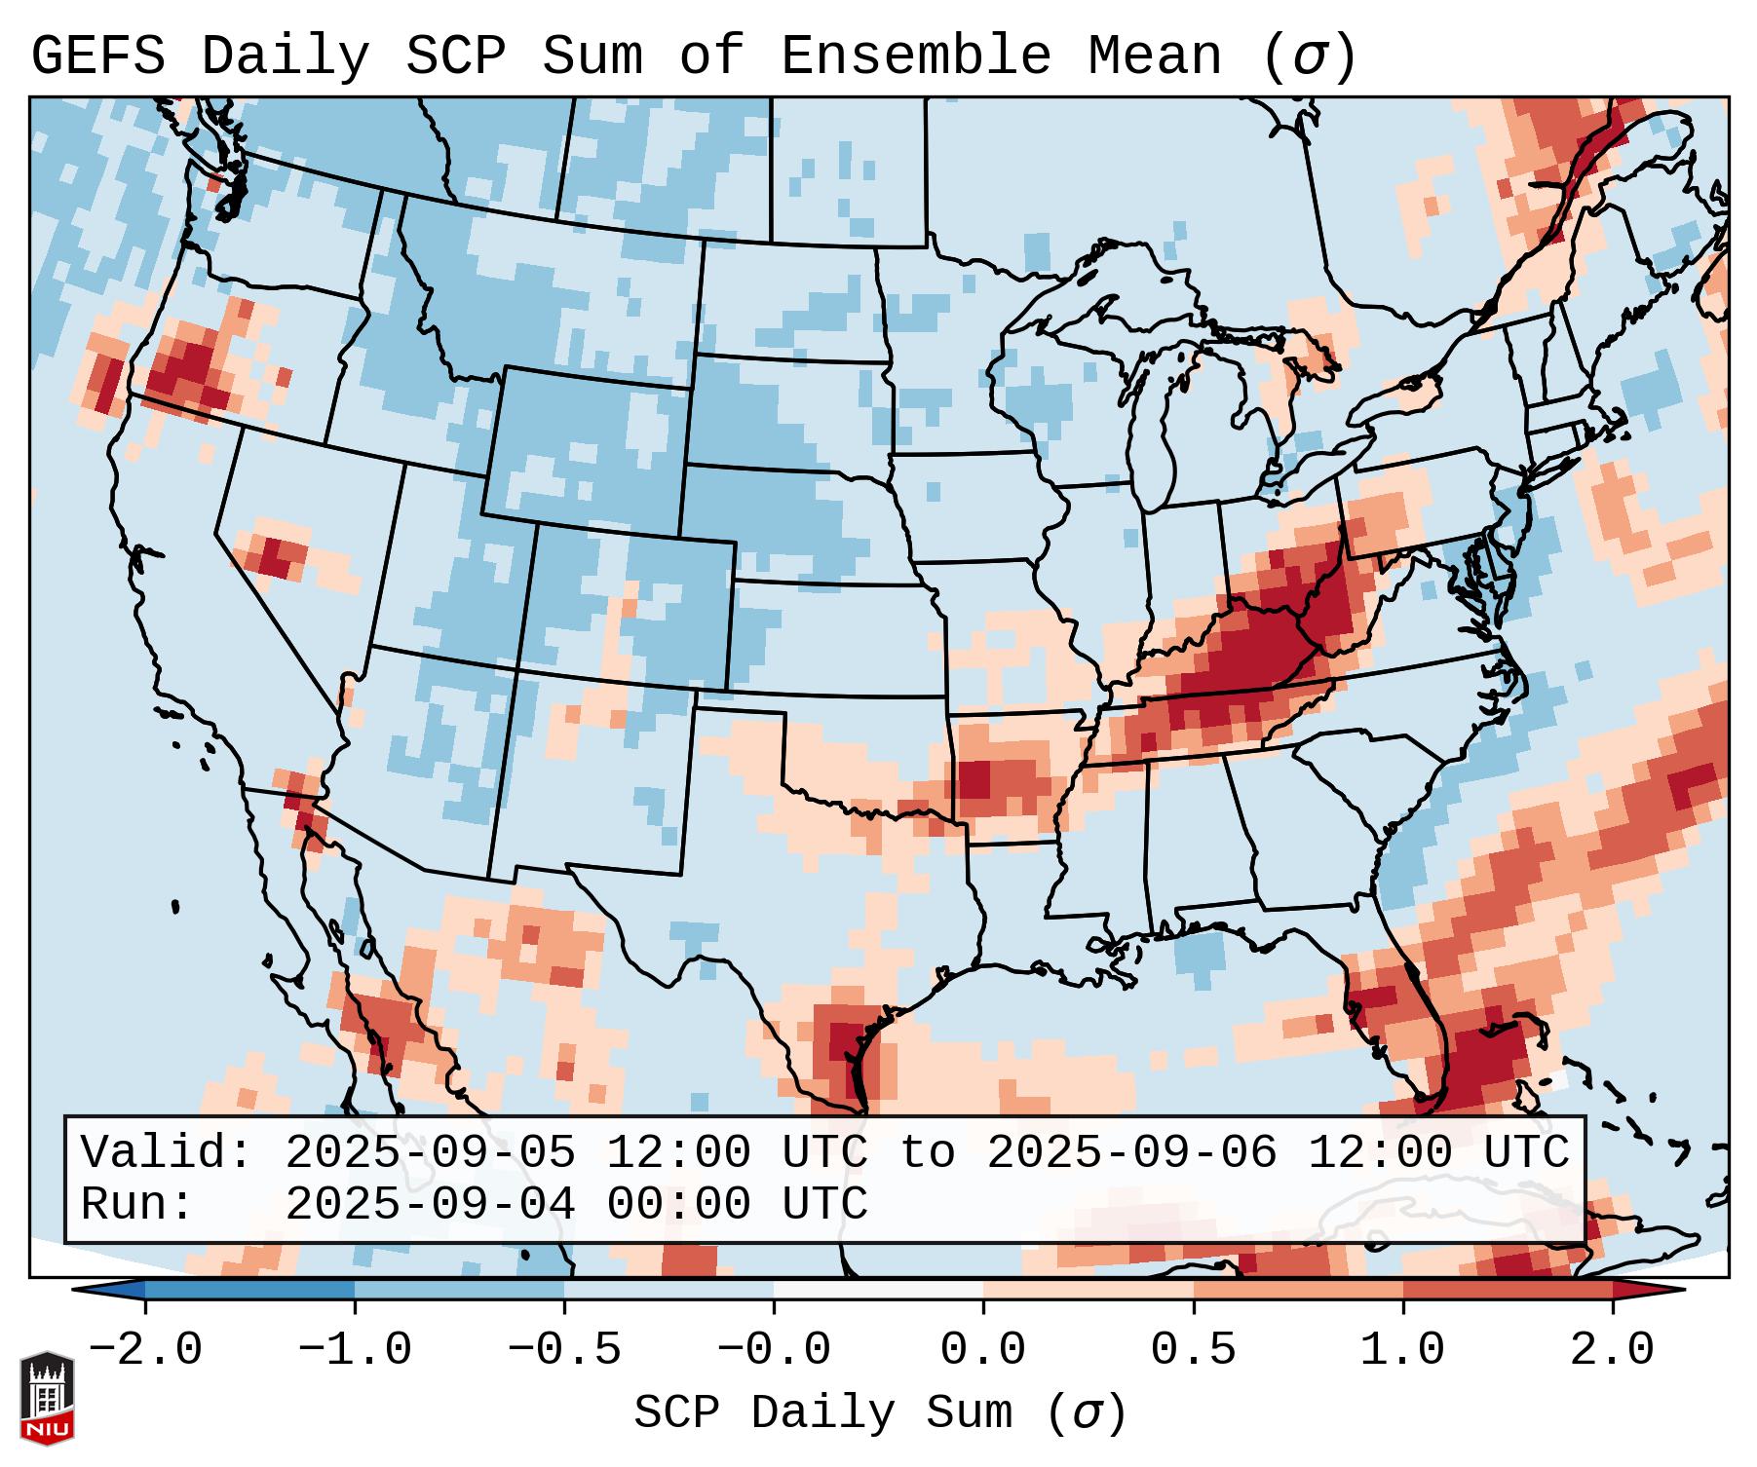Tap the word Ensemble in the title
[x=915, y=56]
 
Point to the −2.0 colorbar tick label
[x=145, y=1350]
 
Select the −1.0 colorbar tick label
[x=355, y=1350]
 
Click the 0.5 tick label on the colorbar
[x=1193, y=1350]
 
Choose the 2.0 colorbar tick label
[x=1612, y=1350]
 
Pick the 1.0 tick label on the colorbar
[x=1402, y=1350]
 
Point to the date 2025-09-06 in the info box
[x=1131, y=1152]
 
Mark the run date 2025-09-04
[x=430, y=1204]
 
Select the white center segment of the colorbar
[x=878, y=1290]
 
